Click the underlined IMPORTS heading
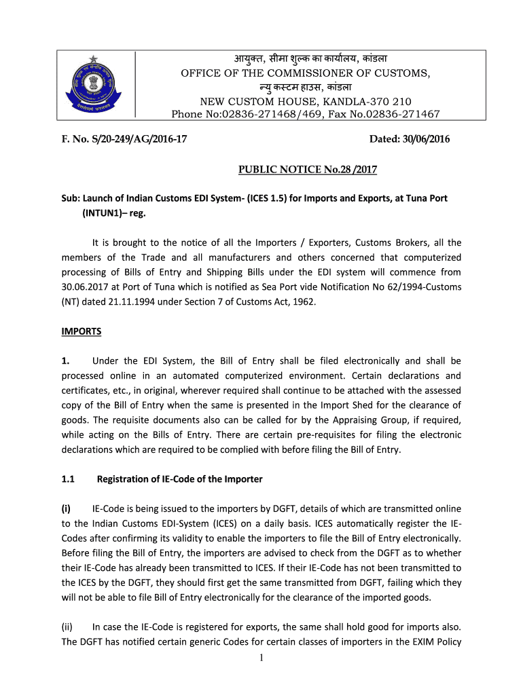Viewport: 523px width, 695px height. (x=82, y=331)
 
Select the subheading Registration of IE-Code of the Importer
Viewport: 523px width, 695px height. (x=179, y=479)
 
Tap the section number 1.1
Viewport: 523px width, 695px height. (x=68, y=479)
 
